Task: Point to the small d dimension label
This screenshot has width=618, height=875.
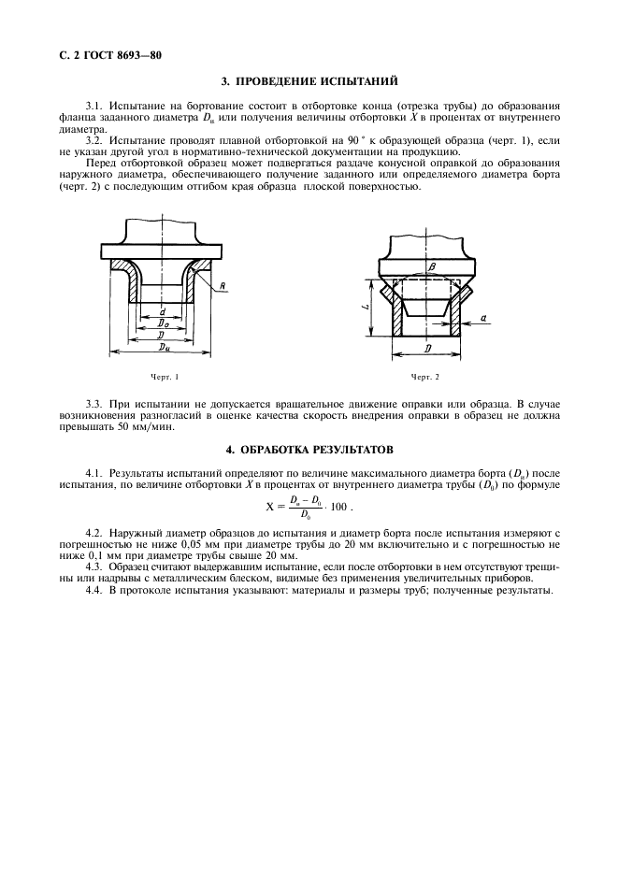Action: [x=164, y=311]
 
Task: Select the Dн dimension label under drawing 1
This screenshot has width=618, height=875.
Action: [x=165, y=346]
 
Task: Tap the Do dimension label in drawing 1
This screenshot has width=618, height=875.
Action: [x=164, y=323]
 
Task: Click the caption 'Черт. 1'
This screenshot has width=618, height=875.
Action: [x=164, y=377]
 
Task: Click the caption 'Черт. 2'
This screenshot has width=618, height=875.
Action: [x=424, y=377]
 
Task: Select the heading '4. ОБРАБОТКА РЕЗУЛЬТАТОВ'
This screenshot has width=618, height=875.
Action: [x=309, y=450]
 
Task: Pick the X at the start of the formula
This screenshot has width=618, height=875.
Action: [x=259, y=507]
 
